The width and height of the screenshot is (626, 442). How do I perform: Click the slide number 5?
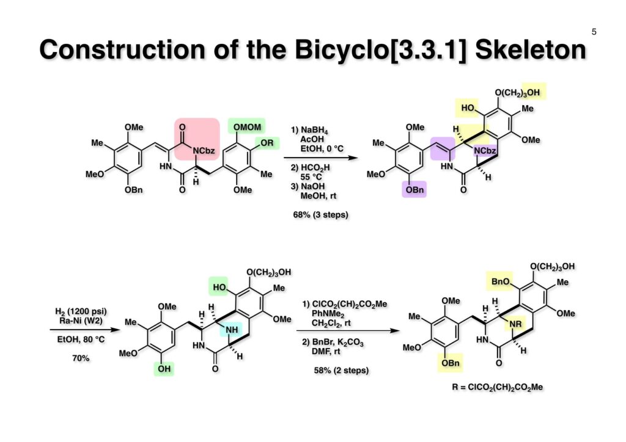coord(594,32)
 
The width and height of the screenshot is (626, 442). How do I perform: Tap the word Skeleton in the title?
coord(530,50)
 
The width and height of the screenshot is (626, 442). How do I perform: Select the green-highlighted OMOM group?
coord(246,126)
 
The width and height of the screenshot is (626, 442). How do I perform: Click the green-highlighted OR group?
coord(267,143)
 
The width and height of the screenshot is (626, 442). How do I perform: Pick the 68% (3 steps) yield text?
coord(321,215)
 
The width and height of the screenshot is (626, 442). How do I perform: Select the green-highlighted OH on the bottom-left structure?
coord(164,369)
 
